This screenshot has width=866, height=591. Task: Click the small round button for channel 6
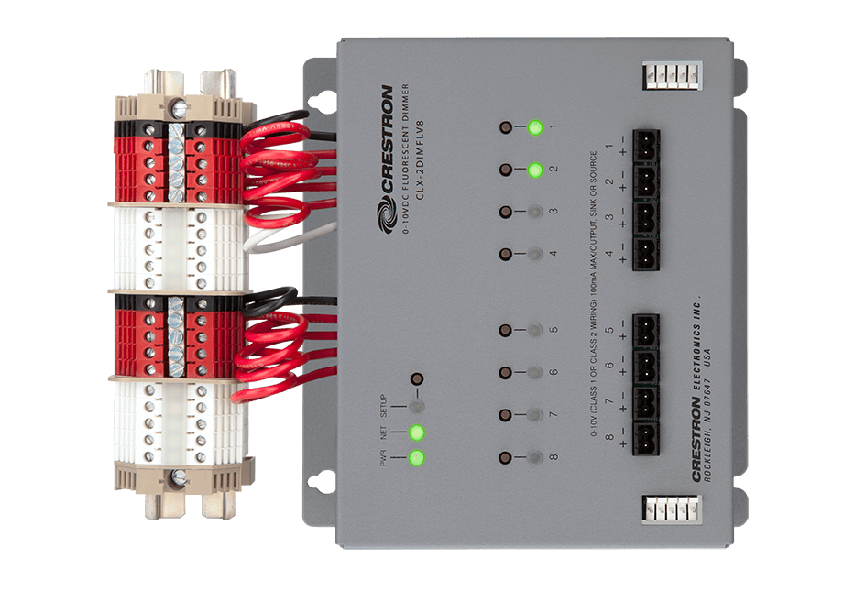point(505,372)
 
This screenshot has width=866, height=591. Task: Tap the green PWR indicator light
point(418,457)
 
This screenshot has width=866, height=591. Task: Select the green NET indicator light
point(418,432)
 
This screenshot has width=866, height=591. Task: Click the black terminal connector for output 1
point(645,145)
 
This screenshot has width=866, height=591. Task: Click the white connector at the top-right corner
point(671,74)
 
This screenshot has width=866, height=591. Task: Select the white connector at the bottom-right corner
point(671,509)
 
